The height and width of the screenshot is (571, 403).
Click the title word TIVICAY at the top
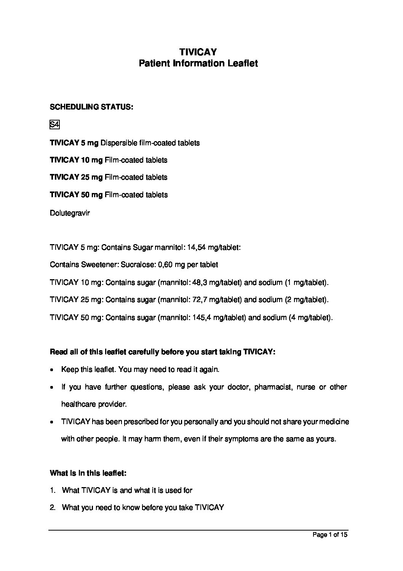point(198,52)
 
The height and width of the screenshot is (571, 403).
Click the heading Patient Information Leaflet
point(198,63)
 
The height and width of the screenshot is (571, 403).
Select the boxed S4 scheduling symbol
point(54,125)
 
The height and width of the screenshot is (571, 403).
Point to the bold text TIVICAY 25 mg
point(76,177)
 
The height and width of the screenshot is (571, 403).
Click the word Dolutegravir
point(70,213)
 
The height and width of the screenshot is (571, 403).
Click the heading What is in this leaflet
point(88,473)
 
